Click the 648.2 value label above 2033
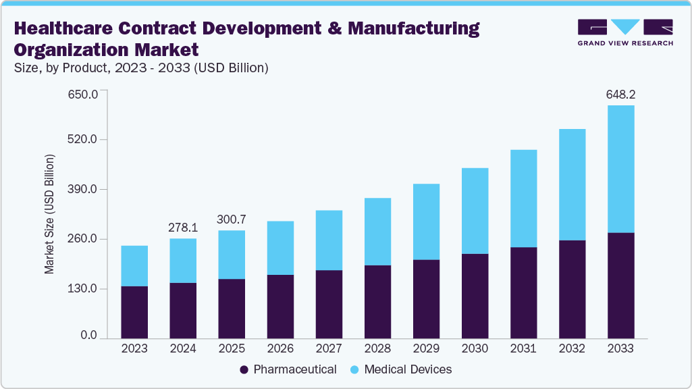coord(620,95)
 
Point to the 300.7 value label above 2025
coord(232,219)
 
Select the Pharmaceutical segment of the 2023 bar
coord(134,311)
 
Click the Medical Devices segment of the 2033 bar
coord(620,169)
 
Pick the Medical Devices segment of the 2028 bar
coord(377,232)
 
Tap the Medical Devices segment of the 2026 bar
coord(280,248)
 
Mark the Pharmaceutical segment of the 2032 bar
coord(572,289)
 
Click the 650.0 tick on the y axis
coord(84,93)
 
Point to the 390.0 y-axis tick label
coord(84,190)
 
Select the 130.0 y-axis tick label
coord(84,289)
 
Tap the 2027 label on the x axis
coord(329,348)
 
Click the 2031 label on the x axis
coord(523,348)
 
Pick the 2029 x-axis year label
coord(426,348)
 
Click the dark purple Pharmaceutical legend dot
coord(244,369)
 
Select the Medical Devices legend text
coord(408,369)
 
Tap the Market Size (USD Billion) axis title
coord(49,214)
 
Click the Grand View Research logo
coord(624,32)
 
